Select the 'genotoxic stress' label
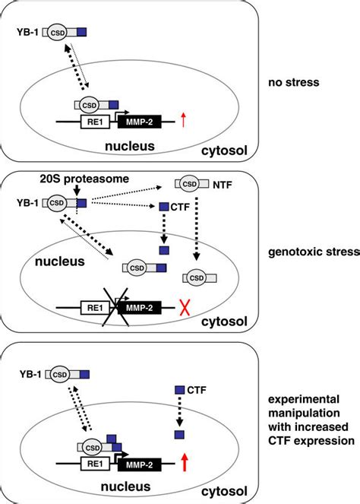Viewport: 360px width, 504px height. pyautogui.click(x=317, y=272)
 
